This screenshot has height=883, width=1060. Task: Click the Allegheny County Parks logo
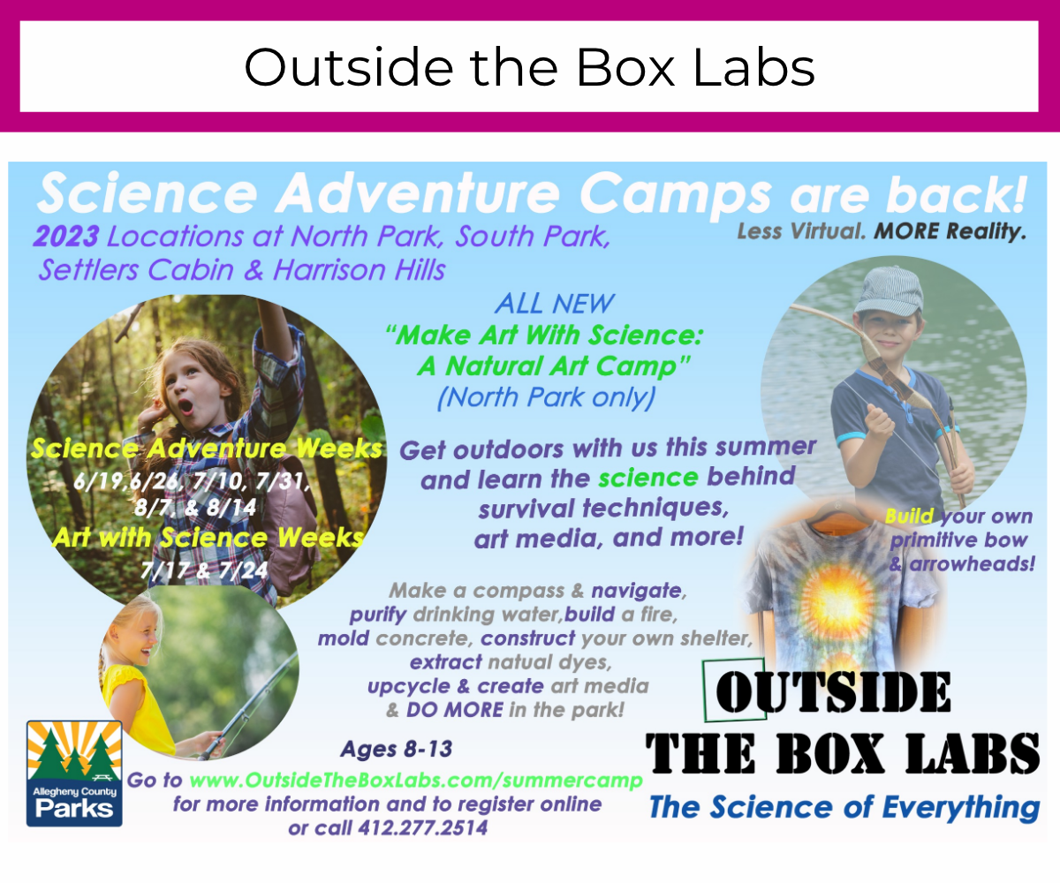pos(74,774)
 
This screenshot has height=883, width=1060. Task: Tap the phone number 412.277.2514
pos(423,828)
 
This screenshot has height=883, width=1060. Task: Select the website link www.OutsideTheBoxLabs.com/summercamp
pos(416,780)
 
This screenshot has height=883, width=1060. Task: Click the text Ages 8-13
pos(397,749)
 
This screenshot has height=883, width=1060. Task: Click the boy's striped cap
pos(890,290)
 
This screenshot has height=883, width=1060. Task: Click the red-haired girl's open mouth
pos(185,406)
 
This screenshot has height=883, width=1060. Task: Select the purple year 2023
pos(66,237)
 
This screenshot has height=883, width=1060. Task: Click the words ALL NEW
pos(555,304)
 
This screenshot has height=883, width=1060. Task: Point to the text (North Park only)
pos(546,397)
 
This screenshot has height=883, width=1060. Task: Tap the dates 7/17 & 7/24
pos(204,570)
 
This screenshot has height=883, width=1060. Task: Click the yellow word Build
pos(909,516)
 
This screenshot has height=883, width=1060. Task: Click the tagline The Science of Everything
pos(844,807)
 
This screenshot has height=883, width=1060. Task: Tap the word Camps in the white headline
pos(676,194)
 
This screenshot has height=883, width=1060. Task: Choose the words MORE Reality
pos(950,231)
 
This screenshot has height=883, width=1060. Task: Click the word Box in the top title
pos(626,67)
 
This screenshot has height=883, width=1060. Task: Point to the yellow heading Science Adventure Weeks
pos(206,449)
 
